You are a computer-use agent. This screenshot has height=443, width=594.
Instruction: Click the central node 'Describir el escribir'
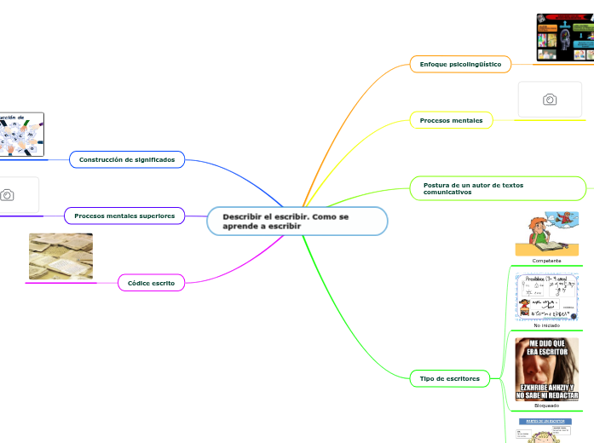(x=297, y=221)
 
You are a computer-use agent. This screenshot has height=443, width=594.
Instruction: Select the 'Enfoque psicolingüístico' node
(x=460, y=65)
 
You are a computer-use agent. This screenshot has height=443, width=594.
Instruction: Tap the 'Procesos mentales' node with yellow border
(x=451, y=121)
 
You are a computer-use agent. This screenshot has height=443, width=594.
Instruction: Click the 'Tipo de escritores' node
(x=450, y=378)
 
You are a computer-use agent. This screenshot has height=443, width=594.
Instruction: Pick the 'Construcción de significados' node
(x=126, y=159)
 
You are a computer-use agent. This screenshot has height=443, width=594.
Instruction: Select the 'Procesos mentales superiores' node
(x=124, y=216)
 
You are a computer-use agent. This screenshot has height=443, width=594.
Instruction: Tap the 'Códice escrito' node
(x=151, y=282)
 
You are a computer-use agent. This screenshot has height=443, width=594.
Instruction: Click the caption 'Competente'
(x=546, y=260)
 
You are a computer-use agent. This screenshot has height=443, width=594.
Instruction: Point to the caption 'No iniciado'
(x=546, y=325)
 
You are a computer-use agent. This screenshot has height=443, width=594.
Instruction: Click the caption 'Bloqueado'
(x=546, y=406)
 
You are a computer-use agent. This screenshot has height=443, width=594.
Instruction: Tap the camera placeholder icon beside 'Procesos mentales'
(x=550, y=100)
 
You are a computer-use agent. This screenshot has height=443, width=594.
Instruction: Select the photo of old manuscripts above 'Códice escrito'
(x=61, y=256)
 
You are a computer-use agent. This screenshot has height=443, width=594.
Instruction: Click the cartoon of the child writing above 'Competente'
(x=547, y=233)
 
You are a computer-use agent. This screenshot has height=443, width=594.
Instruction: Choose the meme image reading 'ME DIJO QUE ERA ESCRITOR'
(x=546, y=369)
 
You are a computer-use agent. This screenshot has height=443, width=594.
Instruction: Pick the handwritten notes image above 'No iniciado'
(x=546, y=296)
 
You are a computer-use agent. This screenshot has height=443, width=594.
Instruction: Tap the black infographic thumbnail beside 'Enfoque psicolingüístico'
(x=565, y=37)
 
